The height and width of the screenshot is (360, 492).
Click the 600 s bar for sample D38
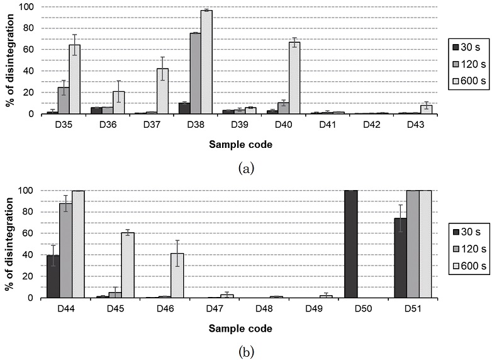coord(206,62)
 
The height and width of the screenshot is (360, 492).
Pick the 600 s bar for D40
coord(294,78)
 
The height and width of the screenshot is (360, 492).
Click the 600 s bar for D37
coord(162,91)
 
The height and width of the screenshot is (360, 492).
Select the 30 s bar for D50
coord(351,244)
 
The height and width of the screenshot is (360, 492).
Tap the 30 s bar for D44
coord(53,276)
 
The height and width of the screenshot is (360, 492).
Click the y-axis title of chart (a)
coord(9,60)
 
